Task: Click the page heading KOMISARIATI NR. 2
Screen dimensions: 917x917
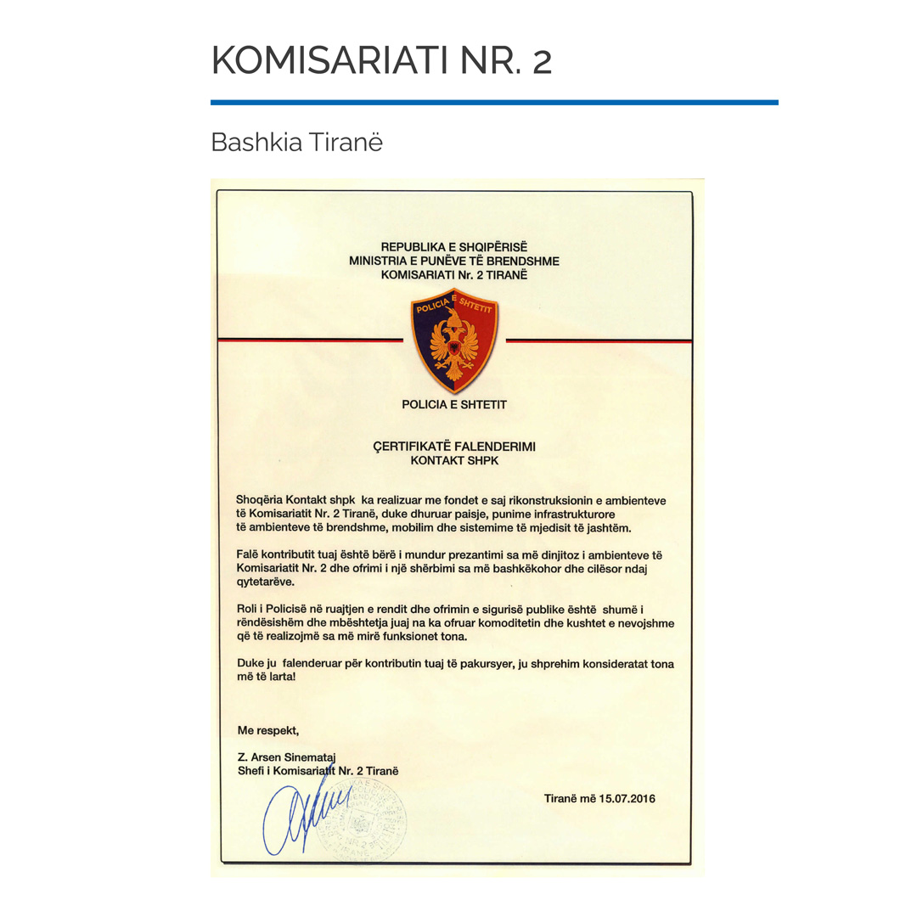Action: click(381, 60)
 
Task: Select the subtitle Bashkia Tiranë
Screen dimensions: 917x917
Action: click(296, 142)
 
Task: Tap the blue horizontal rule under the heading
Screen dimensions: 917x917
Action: click(493, 103)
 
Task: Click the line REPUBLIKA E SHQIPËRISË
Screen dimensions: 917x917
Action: click(454, 247)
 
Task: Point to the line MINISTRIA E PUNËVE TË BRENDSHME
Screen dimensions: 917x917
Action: click(454, 261)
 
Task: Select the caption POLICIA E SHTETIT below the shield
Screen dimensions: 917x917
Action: click(454, 405)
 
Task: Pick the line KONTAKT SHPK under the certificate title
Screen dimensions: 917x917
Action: click(454, 460)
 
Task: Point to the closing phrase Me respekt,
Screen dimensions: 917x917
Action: click(268, 729)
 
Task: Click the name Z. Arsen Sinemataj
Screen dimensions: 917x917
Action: click(288, 757)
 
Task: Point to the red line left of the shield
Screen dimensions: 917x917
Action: click(310, 340)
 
